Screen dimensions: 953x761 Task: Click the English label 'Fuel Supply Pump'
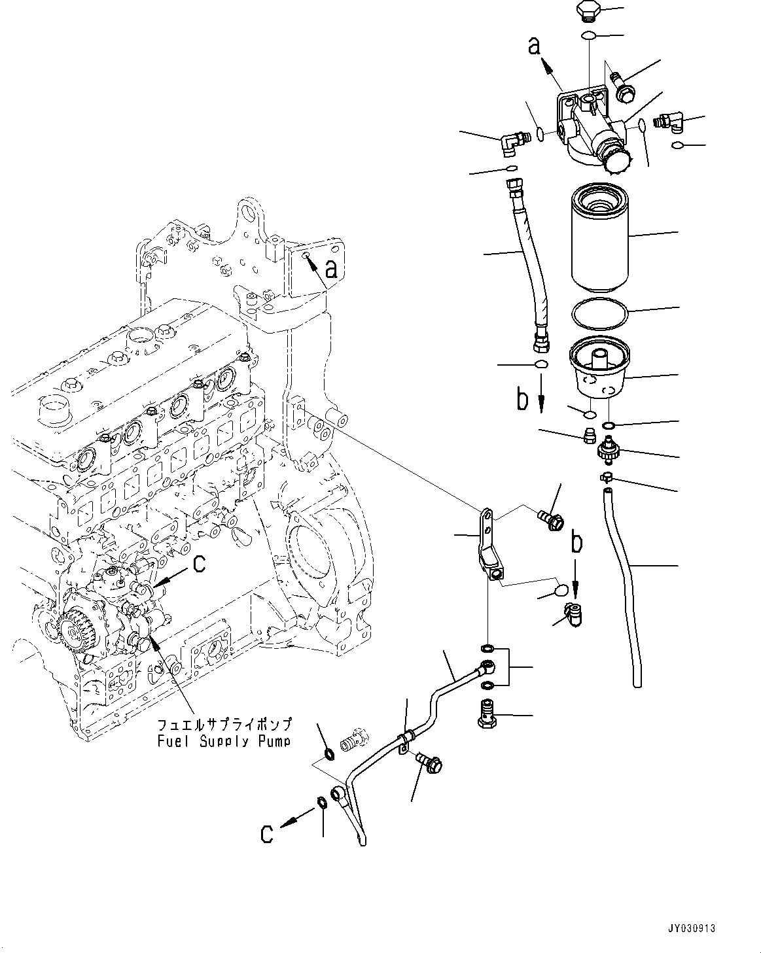tap(224, 742)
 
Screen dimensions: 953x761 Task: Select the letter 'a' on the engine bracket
tap(332, 268)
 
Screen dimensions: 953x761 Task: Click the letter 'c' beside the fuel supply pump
tap(199, 563)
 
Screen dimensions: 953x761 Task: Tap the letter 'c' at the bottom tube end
tap(266, 833)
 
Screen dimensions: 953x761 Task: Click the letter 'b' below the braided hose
tap(522, 399)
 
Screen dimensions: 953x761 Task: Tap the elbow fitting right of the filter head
tap(667, 120)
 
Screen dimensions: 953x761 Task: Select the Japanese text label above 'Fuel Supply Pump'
tap(224, 726)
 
